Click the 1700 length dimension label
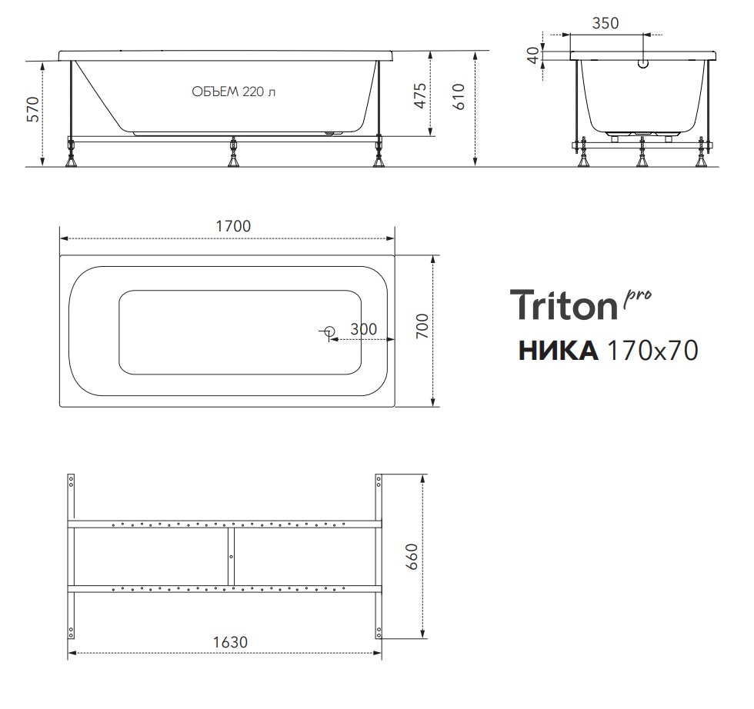point(233,226)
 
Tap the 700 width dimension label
point(422,326)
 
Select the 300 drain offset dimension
point(363,329)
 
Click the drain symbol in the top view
point(329,331)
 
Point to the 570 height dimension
point(33,110)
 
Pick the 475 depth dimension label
point(420,96)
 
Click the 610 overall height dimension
point(459,97)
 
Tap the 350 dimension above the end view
point(606,23)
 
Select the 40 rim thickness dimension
point(533,55)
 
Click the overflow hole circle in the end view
point(643,64)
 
